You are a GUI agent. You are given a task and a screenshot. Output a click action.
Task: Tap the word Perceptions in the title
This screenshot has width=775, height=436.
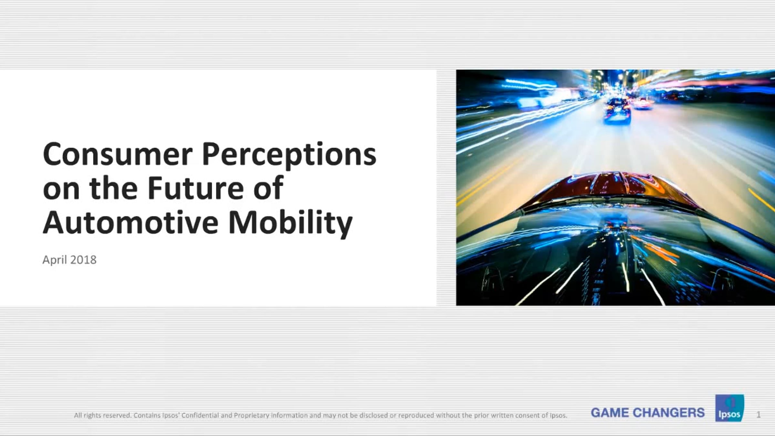(289, 156)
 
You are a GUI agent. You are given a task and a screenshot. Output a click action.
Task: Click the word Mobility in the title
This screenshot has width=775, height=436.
(290, 224)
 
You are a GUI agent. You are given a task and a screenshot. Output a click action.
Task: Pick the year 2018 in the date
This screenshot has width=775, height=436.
(83, 260)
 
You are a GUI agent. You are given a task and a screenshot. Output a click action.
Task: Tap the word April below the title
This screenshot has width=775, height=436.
(55, 260)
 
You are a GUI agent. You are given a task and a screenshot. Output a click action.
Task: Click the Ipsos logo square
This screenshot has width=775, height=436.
(729, 408)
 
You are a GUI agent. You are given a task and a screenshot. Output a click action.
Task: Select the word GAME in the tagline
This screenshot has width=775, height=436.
(609, 412)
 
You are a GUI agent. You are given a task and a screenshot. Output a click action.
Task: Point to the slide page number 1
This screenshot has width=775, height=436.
(759, 414)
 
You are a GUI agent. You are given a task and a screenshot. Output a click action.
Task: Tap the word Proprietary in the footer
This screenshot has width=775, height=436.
(252, 416)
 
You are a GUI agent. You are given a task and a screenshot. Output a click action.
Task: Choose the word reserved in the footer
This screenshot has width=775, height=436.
(117, 415)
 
